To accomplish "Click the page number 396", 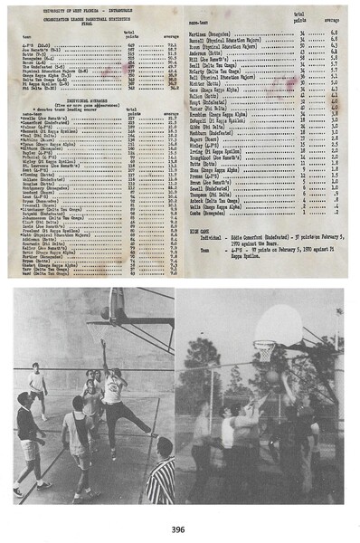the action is coord(180,529).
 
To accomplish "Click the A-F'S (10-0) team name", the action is coord(34,44).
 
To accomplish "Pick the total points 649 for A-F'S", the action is coord(131,44).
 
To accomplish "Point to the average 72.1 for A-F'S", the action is coord(173,44).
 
